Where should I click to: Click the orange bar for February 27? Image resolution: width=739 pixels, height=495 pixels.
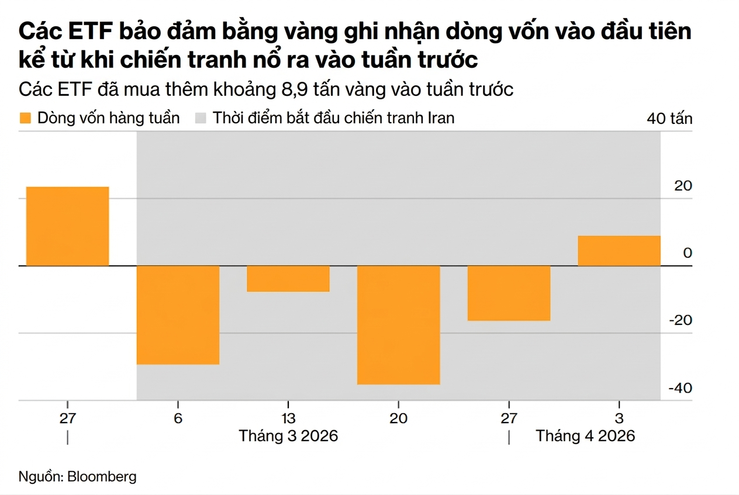[68, 226]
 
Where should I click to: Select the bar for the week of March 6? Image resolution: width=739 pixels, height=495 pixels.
[178, 315]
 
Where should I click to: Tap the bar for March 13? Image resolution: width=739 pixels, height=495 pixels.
[288, 279]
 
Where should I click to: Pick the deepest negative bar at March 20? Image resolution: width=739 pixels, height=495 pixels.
[398, 325]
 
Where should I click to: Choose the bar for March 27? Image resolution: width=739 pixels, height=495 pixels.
[509, 293]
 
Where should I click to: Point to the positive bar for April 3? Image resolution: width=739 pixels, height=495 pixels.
[619, 251]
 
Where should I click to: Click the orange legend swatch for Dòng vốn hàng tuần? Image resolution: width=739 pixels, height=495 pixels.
[25, 118]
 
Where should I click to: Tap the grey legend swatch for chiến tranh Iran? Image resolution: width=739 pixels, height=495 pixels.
[201, 118]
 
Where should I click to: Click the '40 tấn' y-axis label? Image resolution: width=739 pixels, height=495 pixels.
[669, 119]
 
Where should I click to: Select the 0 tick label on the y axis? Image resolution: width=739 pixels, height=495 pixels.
[688, 253]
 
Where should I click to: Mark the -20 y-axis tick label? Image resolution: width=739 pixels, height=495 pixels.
[680, 320]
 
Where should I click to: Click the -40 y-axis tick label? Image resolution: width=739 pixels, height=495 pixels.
[680, 388]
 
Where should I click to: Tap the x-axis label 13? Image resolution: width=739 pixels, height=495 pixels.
[288, 419]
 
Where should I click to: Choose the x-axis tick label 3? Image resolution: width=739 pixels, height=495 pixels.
[619, 419]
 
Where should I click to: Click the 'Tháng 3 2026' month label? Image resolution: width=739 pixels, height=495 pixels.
[288, 437]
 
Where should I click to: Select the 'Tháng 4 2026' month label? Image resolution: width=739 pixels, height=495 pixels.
[585, 437]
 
